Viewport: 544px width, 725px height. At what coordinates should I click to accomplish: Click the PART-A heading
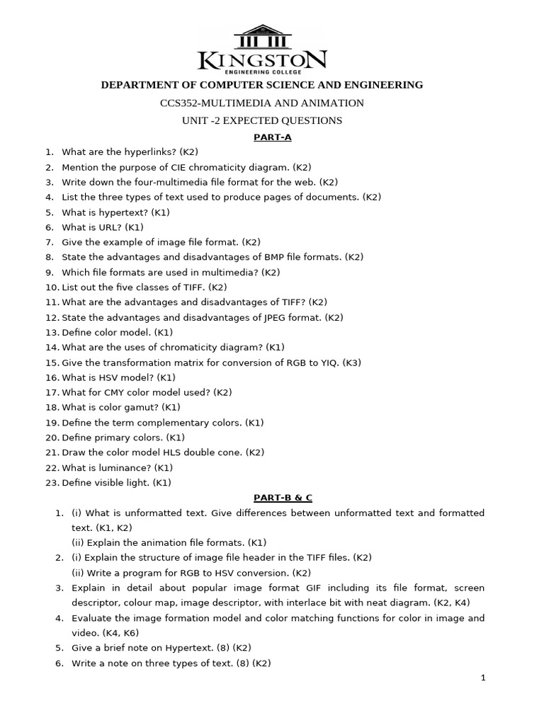(273, 137)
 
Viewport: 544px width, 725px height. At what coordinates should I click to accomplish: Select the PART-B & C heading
(273, 498)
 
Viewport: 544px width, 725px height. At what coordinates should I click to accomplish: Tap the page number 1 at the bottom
(483, 678)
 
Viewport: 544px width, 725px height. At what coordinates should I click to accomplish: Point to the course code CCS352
(180, 103)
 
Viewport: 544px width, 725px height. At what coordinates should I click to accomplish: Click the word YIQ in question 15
(328, 362)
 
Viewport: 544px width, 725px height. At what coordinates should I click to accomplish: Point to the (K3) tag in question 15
(352, 362)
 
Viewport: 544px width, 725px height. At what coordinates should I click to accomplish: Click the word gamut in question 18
(144, 407)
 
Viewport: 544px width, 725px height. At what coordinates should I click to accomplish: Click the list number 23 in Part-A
(51, 483)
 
